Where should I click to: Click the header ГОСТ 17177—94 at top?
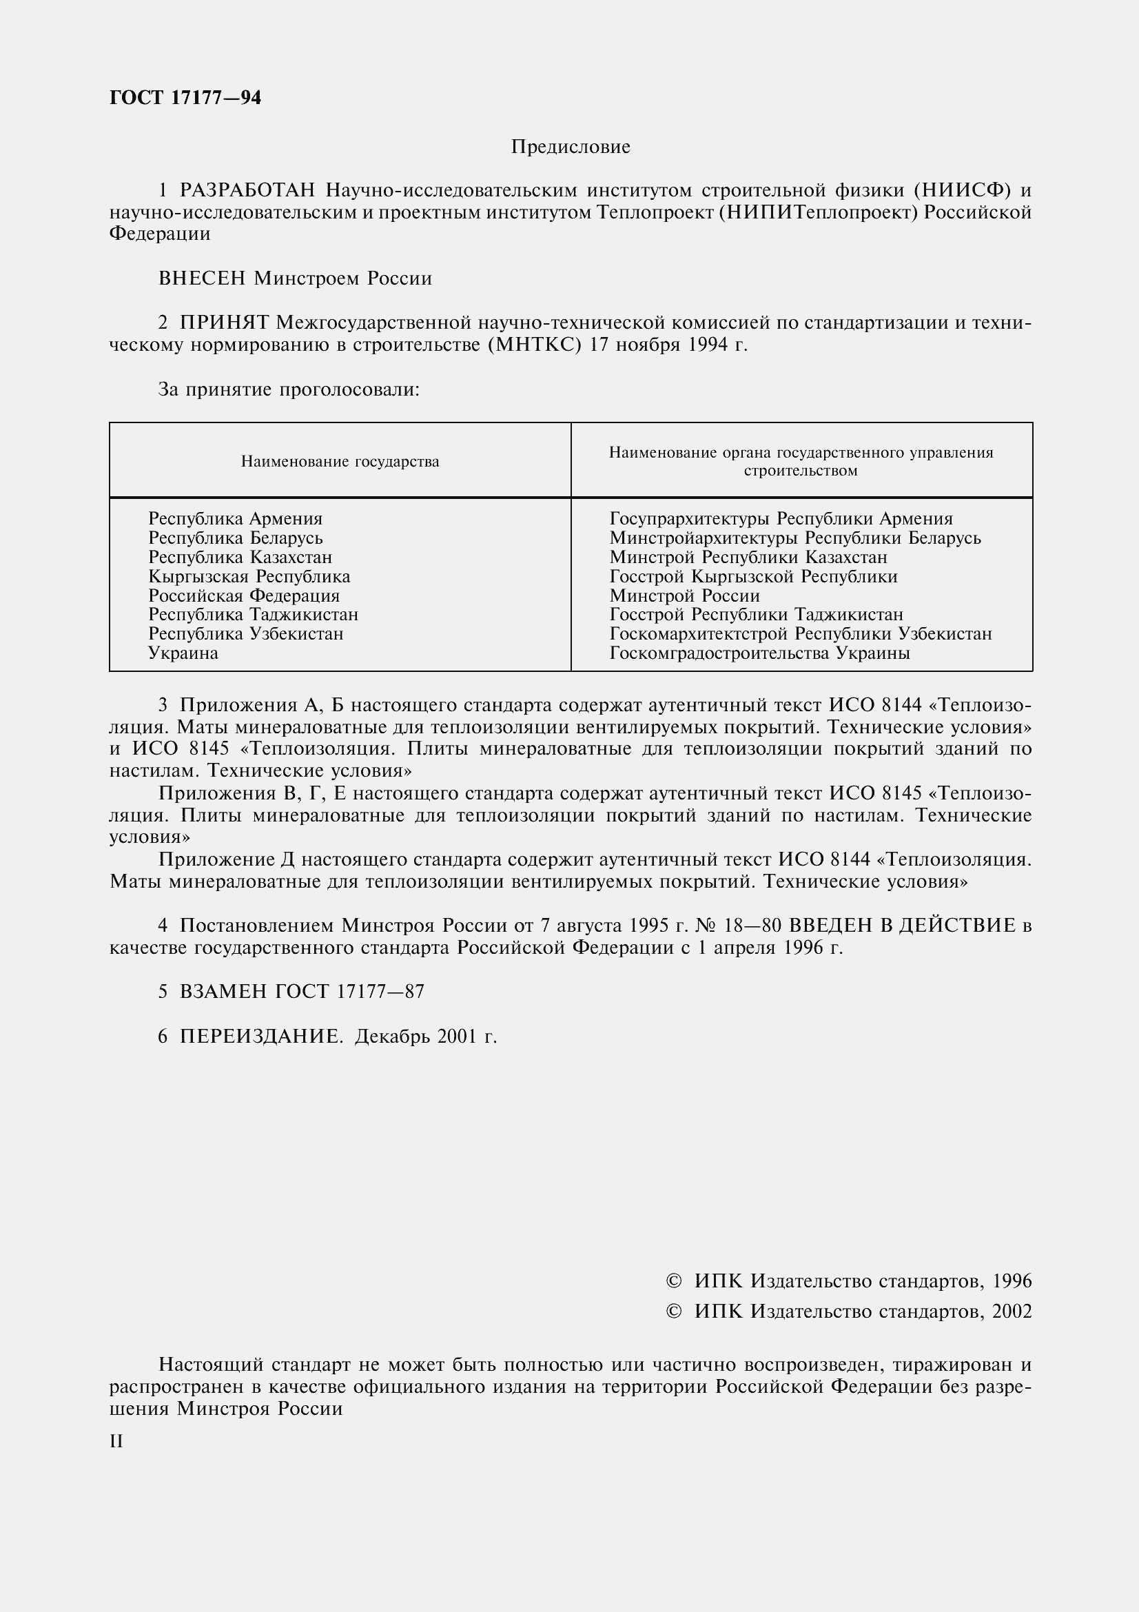(185, 98)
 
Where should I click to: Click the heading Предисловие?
(570, 147)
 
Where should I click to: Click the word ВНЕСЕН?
(202, 278)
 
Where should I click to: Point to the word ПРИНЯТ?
(225, 323)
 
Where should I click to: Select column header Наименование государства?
(340, 461)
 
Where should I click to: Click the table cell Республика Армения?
(235, 519)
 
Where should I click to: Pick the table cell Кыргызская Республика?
(249, 576)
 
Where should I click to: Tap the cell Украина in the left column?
(183, 653)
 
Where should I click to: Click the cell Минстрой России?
(684, 595)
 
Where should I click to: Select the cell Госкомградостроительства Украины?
(759, 653)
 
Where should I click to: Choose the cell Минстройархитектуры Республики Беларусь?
(794, 538)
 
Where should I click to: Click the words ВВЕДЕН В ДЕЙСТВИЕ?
(902, 926)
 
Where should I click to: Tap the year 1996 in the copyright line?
(1012, 1281)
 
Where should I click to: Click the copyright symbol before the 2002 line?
(673, 1312)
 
